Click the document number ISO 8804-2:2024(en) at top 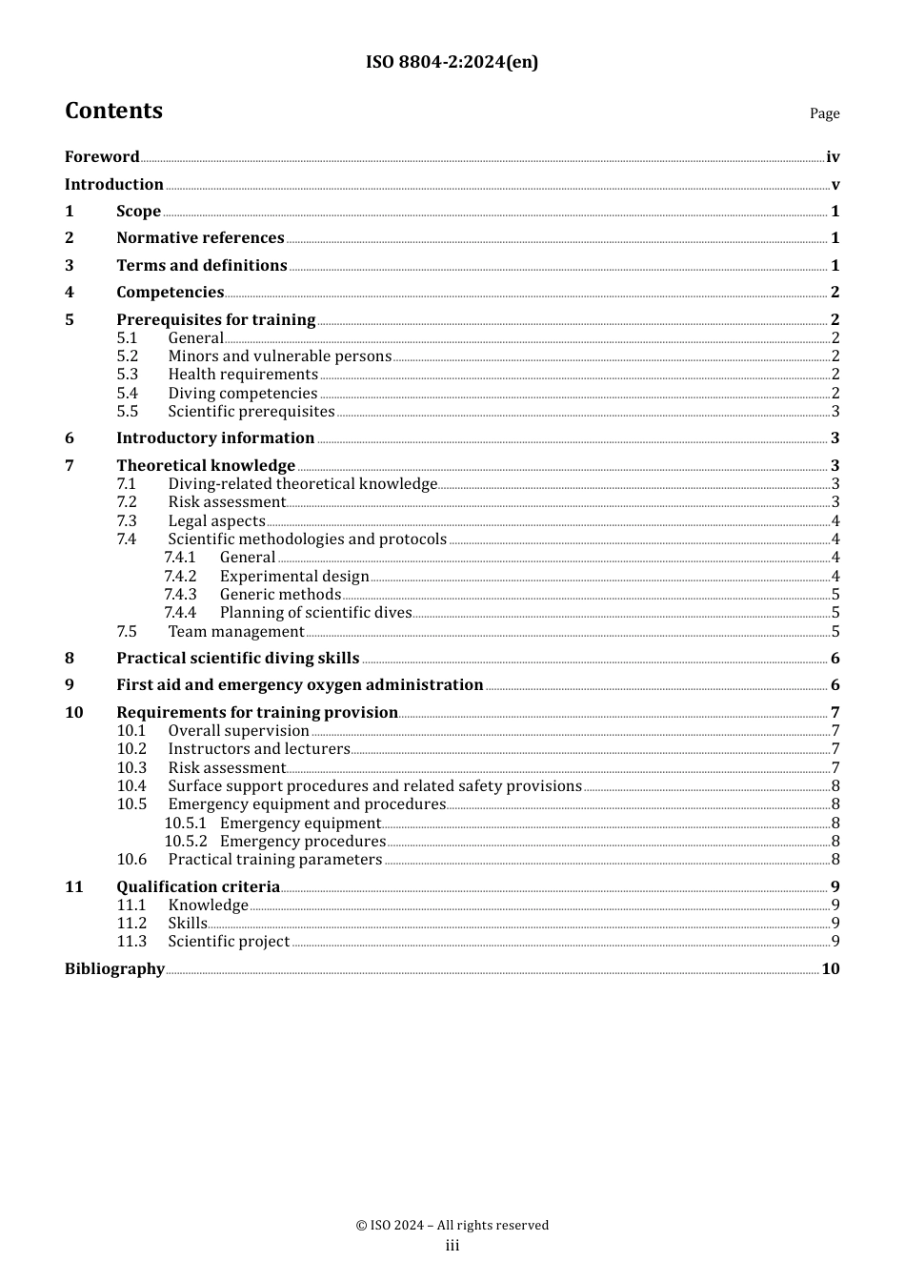[x=452, y=62]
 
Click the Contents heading [x=113, y=111]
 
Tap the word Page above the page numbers [x=824, y=113]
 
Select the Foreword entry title [x=102, y=157]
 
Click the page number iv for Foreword [x=833, y=157]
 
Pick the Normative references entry [x=200, y=238]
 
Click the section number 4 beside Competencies [x=70, y=293]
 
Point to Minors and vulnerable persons [x=279, y=356]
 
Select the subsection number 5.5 [x=128, y=412]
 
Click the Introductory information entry [x=215, y=438]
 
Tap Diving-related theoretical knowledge [x=302, y=484]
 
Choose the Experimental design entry [x=294, y=577]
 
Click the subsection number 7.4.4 [x=180, y=613]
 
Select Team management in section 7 [x=236, y=632]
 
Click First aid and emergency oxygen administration [x=300, y=685]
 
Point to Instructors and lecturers [x=259, y=749]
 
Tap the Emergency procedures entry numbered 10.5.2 [x=302, y=842]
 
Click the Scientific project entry [x=229, y=942]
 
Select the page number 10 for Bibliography [x=831, y=969]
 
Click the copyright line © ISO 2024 [x=452, y=1226]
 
